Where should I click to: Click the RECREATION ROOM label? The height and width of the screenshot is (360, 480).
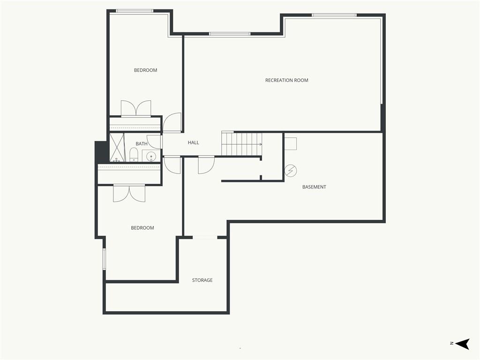coord(286,80)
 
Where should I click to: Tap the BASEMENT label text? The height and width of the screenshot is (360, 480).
coord(314,187)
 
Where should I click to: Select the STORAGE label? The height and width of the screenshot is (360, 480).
coord(202,280)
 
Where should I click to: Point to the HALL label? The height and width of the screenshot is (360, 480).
coord(193,142)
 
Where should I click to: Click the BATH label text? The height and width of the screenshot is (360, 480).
coord(142,143)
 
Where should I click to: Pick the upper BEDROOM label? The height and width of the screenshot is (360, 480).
coord(145,70)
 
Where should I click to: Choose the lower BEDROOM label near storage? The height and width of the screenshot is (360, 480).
coord(142,228)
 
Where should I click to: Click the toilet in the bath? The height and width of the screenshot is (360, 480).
coord(134,154)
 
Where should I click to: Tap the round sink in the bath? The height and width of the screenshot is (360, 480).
coord(151,157)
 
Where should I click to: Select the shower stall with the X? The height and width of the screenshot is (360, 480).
coord(117,147)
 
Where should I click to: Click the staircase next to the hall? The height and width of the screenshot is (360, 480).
coord(242,143)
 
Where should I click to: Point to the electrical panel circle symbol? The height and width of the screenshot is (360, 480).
coord(291,171)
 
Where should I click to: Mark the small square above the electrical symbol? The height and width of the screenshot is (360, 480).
coord(291,143)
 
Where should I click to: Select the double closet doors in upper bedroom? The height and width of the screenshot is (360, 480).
coord(136,108)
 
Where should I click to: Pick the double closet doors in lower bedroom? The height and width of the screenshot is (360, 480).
coord(129,193)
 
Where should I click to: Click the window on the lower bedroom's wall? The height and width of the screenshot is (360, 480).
coord(104,259)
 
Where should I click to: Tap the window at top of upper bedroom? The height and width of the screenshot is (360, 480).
coord(135,11)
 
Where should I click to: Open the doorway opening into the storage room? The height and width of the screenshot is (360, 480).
coord(205,238)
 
